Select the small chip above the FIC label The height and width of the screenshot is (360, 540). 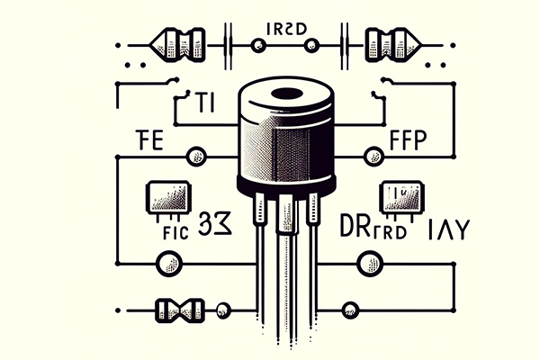click(x=168, y=196)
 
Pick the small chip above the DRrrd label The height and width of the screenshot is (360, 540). click(x=400, y=195)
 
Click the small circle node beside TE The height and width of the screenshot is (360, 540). click(x=194, y=157)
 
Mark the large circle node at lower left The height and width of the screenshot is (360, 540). click(x=168, y=263)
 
